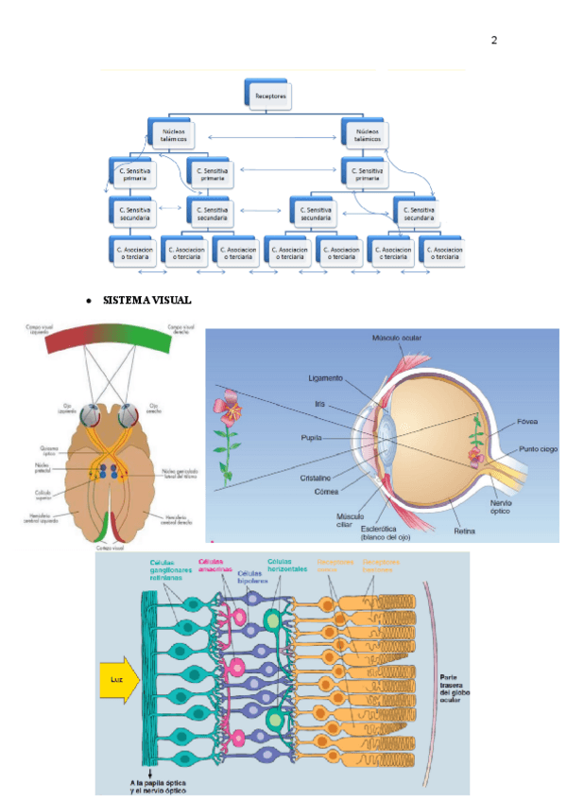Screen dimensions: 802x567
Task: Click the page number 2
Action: click(x=494, y=41)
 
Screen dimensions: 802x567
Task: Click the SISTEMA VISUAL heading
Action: click(x=146, y=300)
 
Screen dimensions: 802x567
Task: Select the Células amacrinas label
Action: click(x=216, y=565)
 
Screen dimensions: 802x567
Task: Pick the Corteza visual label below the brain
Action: click(x=110, y=547)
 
